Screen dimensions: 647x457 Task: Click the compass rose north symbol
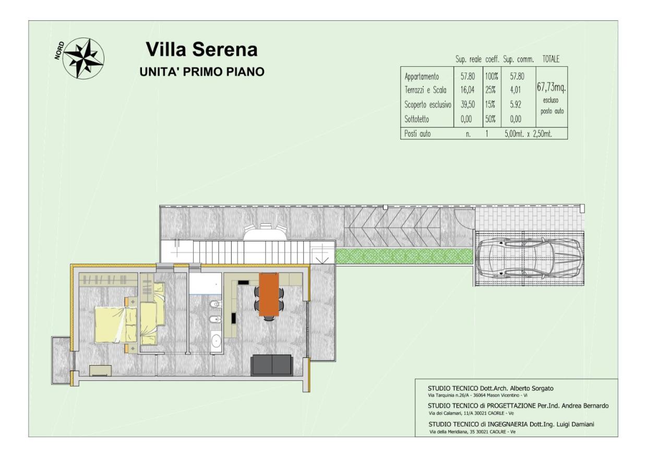[84, 58]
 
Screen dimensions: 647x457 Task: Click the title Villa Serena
[201, 50]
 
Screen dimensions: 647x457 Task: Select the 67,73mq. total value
[551, 87]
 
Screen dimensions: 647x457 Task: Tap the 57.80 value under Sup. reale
[468, 76]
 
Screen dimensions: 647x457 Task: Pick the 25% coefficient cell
[490, 90]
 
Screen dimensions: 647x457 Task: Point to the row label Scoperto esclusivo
[427, 104]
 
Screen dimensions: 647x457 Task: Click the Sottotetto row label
[416, 119]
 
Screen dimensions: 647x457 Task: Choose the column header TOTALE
[551, 59]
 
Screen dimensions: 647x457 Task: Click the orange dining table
[269, 294]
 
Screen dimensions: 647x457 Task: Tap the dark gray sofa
[271, 365]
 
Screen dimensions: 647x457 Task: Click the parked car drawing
[529, 258]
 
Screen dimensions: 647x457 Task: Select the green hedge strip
[405, 256]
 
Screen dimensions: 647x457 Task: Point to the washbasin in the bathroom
[216, 341]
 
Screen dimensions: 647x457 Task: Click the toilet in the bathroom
[215, 304]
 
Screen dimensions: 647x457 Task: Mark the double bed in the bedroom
[116, 324]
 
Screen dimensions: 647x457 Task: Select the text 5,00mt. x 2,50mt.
[528, 134]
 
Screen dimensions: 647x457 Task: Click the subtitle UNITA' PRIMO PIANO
[202, 71]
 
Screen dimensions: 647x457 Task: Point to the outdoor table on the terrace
[266, 232]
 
